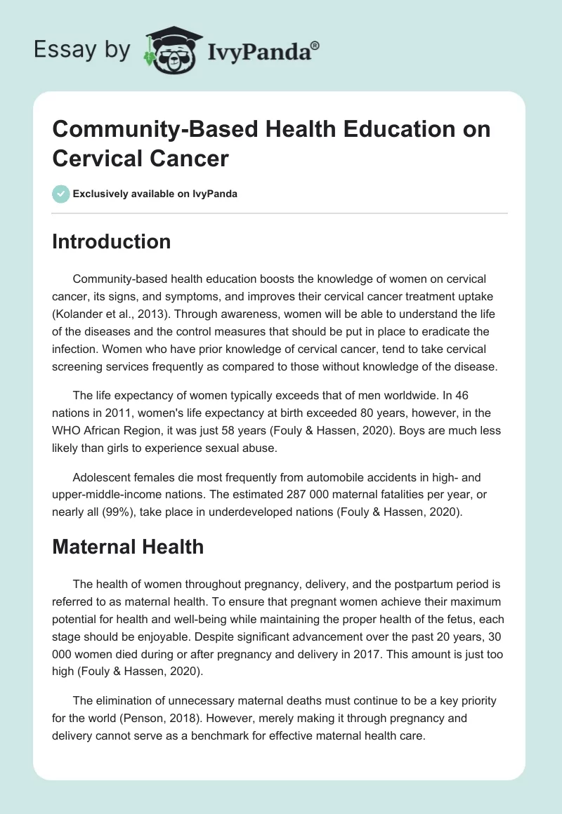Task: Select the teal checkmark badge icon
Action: tap(61, 194)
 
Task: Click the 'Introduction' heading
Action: tap(111, 242)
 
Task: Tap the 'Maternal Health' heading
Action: tap(128, 547)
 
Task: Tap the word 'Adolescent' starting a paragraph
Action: tap(99, 476)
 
